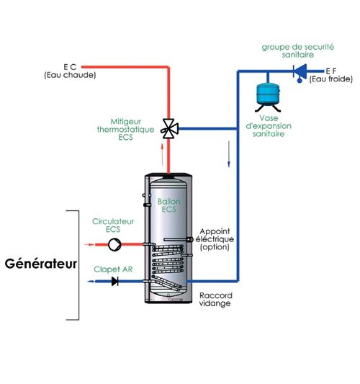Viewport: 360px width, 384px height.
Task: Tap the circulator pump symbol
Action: pos(114,245)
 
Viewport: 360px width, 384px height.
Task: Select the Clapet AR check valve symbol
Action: pos(114,281)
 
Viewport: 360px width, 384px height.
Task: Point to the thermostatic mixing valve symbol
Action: pos(169,129)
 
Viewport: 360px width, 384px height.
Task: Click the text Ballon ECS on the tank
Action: pos(168,206)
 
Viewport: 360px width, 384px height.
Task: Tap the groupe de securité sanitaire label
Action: pos(297,50)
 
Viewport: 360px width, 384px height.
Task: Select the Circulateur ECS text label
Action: pos(107,225)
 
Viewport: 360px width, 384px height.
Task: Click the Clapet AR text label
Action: pos(107,268)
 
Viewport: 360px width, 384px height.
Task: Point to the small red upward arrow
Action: pos(161,153)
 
